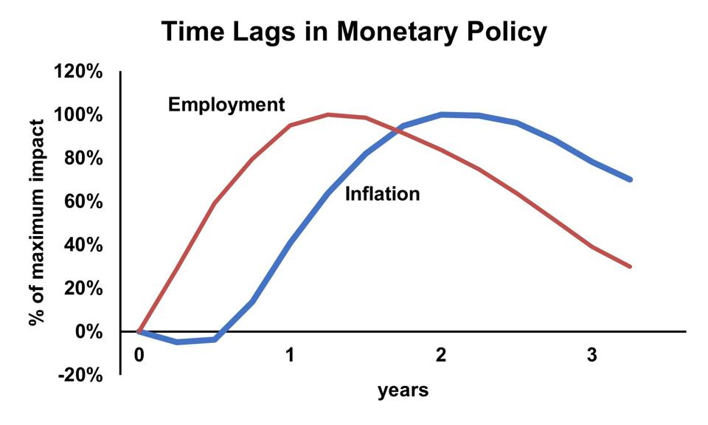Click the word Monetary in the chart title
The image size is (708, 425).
point(395,32)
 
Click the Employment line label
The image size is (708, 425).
point(226,105)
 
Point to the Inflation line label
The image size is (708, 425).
point(383,194)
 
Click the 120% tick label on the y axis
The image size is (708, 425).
point(78,72)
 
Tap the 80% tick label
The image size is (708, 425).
point(83,158)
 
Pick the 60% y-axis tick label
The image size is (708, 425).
point(83,201)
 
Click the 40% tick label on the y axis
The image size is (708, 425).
point(83,245)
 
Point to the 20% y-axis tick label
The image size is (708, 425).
point(83,288)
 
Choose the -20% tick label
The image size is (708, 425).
point(80,375)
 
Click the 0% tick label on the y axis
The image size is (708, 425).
point(88,331)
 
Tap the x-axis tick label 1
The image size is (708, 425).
point(290,355)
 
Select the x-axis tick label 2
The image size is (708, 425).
point(441,355)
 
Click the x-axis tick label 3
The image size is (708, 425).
point(592,355)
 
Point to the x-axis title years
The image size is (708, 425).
point(403,390)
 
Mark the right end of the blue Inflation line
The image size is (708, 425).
point(630,179)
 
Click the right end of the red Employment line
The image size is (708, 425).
point(630,266)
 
